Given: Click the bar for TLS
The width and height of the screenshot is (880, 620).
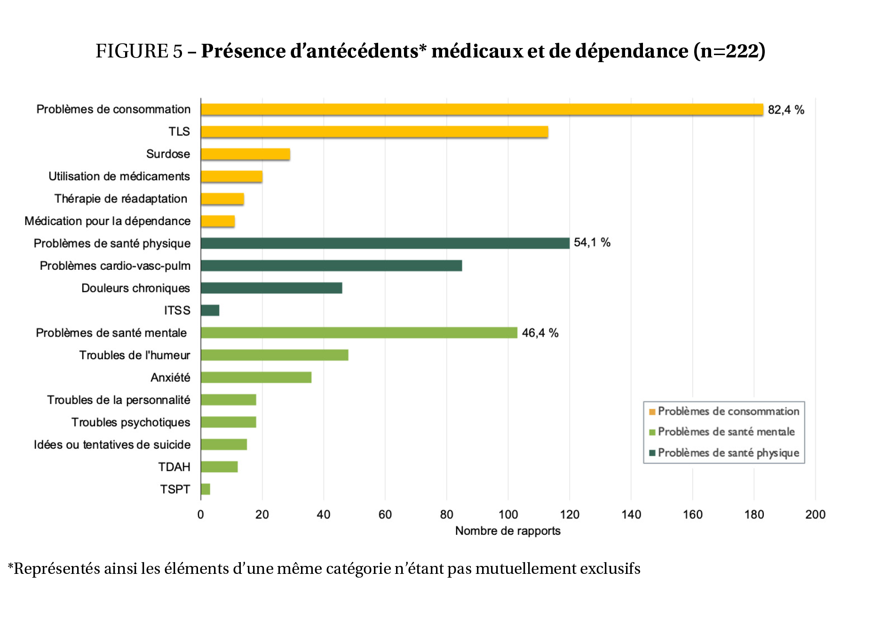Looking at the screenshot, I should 374,132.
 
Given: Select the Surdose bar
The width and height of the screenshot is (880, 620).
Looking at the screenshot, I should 245,154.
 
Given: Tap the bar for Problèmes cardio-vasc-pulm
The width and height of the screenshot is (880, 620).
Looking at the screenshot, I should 331,266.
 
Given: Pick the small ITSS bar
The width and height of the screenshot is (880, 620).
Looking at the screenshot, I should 210,310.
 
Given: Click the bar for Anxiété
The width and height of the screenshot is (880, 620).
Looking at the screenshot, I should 256,377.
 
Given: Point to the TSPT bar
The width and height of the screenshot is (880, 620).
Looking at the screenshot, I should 206,489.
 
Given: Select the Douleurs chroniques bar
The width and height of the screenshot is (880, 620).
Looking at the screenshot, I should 271,288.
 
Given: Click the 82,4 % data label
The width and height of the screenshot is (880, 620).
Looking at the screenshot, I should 785,110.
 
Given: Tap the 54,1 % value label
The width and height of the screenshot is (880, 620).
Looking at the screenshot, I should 592,242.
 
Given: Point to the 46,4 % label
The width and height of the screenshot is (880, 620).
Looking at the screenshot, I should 540,333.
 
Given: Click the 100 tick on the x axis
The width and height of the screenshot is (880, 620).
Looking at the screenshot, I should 508,514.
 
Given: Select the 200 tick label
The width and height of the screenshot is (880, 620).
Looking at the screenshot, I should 815,514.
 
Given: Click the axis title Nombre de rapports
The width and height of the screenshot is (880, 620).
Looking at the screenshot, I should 507,531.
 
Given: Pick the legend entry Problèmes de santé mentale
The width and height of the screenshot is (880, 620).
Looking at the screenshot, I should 726,432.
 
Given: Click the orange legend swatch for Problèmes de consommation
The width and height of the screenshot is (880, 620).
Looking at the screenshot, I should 652,412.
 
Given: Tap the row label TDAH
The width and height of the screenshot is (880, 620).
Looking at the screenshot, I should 174,467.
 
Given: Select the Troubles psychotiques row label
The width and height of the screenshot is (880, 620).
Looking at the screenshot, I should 131,422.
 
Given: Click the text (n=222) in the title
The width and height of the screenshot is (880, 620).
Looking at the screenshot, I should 729,51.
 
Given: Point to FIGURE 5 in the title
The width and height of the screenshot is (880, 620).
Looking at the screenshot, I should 139,51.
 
